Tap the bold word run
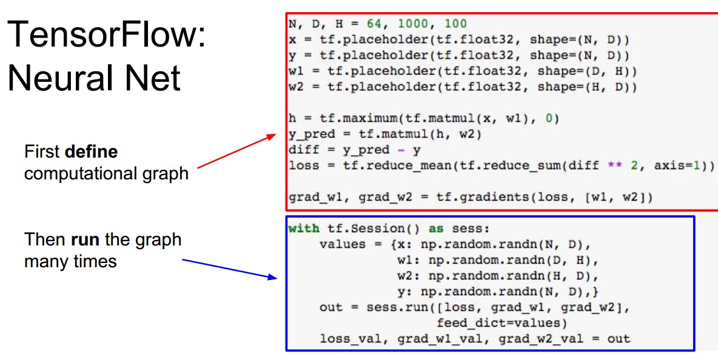click(x=84, y=239)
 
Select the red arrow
click(x=237, y=152)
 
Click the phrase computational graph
click(x=106, y=174)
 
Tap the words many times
click(x=70, y=261)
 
